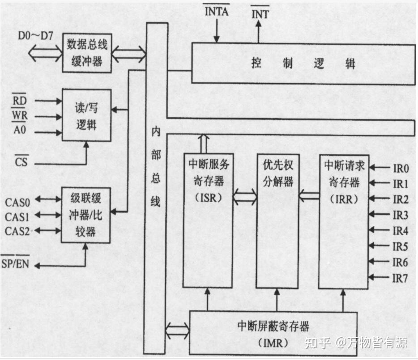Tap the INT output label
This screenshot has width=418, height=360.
pyautogui.click(x=260, y=14)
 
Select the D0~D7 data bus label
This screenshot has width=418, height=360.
pyautogui.click(x=36, y=35)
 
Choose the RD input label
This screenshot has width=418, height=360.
pyautogui.click(x=20, y=101)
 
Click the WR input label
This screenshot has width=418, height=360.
pyautogui.click(x=20, y=117)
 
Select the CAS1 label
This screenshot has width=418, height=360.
pyautogui.click(x=17, y=217)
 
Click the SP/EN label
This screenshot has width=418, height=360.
pyautogui.click(x=16, y=264)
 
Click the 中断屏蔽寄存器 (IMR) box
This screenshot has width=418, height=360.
pyautogui.click(x=274, y=333)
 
